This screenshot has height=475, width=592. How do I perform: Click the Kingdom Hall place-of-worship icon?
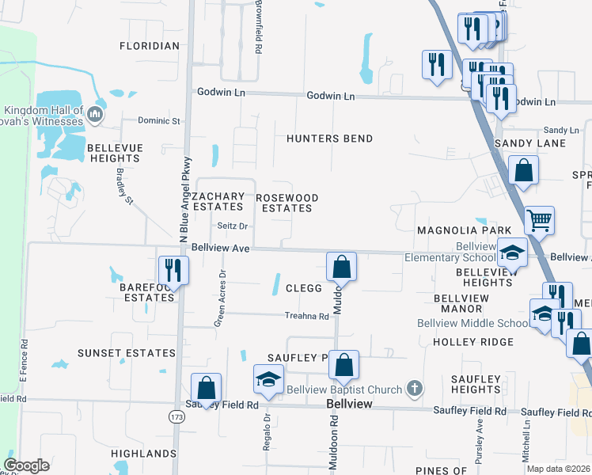96,116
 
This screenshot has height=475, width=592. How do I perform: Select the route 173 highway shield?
176,416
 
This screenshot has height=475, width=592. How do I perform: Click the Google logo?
26,465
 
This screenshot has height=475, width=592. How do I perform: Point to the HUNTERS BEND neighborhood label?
329,139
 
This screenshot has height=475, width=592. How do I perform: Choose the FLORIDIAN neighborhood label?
150,46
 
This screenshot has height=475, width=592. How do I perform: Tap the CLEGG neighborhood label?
303,289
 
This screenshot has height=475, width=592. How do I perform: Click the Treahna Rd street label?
306,316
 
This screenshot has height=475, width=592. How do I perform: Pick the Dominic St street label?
159,121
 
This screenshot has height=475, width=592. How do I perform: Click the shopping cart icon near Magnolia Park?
539,220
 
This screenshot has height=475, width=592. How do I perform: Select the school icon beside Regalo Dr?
268,378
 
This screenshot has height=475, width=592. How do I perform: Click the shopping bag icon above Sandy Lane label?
523,169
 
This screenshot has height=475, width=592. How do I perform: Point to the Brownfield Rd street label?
258,27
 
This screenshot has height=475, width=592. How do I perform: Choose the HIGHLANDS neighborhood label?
143,454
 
